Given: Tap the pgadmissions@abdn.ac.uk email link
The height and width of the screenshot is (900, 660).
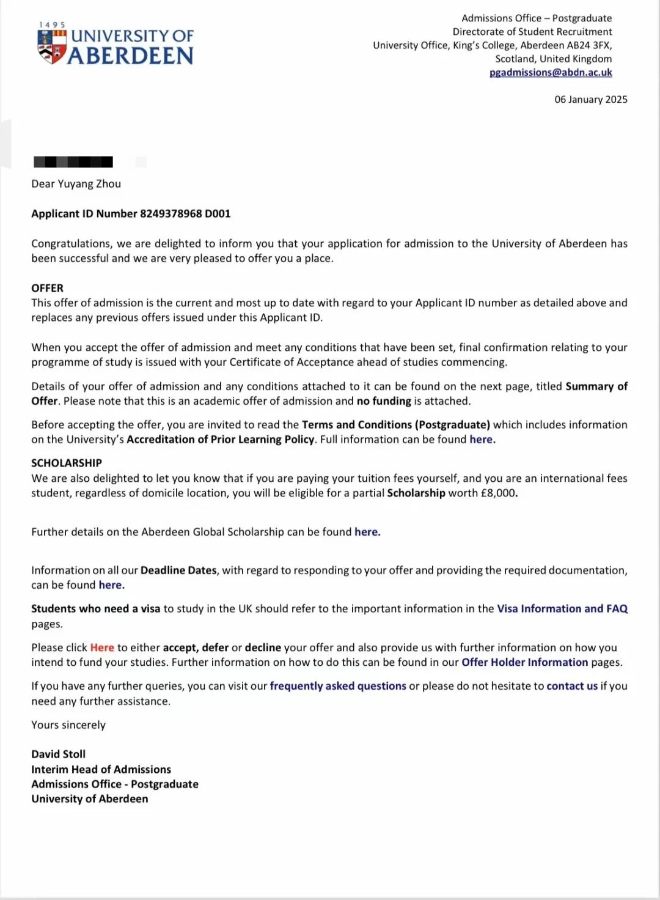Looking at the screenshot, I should tap(551, 72).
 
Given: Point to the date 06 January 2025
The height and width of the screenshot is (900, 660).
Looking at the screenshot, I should tap(590, 99).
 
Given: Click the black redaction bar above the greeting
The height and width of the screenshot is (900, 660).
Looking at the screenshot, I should tap(73, 162).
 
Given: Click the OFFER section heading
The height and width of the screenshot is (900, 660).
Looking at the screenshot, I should tap(47, 288).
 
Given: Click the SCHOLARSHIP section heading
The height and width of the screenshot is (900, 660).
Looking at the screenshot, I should tap(67, 463).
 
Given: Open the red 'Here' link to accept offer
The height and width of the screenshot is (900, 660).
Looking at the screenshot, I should tap(102, 647).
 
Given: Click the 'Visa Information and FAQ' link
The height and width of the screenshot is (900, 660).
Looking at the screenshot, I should tap(562, 608).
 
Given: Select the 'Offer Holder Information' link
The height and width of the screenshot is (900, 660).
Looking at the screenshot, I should tap(524, 662).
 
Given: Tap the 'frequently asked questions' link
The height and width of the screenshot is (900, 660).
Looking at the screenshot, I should tap(338, 686).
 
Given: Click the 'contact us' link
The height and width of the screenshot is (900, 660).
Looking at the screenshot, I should tap(572, 686).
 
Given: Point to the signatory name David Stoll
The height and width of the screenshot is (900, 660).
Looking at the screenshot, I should tap(59, 754).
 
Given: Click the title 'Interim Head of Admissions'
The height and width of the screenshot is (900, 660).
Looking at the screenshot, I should tap(101, 769).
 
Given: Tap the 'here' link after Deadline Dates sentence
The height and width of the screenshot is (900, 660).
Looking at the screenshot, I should tap(111, 585).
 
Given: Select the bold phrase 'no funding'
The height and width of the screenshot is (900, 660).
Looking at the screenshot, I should tap(384, 401).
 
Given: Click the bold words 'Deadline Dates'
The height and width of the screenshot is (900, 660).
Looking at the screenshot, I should tap(178, 570).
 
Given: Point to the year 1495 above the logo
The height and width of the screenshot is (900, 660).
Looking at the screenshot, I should tap(52, 25).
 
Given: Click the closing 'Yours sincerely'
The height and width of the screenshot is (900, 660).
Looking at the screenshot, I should tap(68, 725).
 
